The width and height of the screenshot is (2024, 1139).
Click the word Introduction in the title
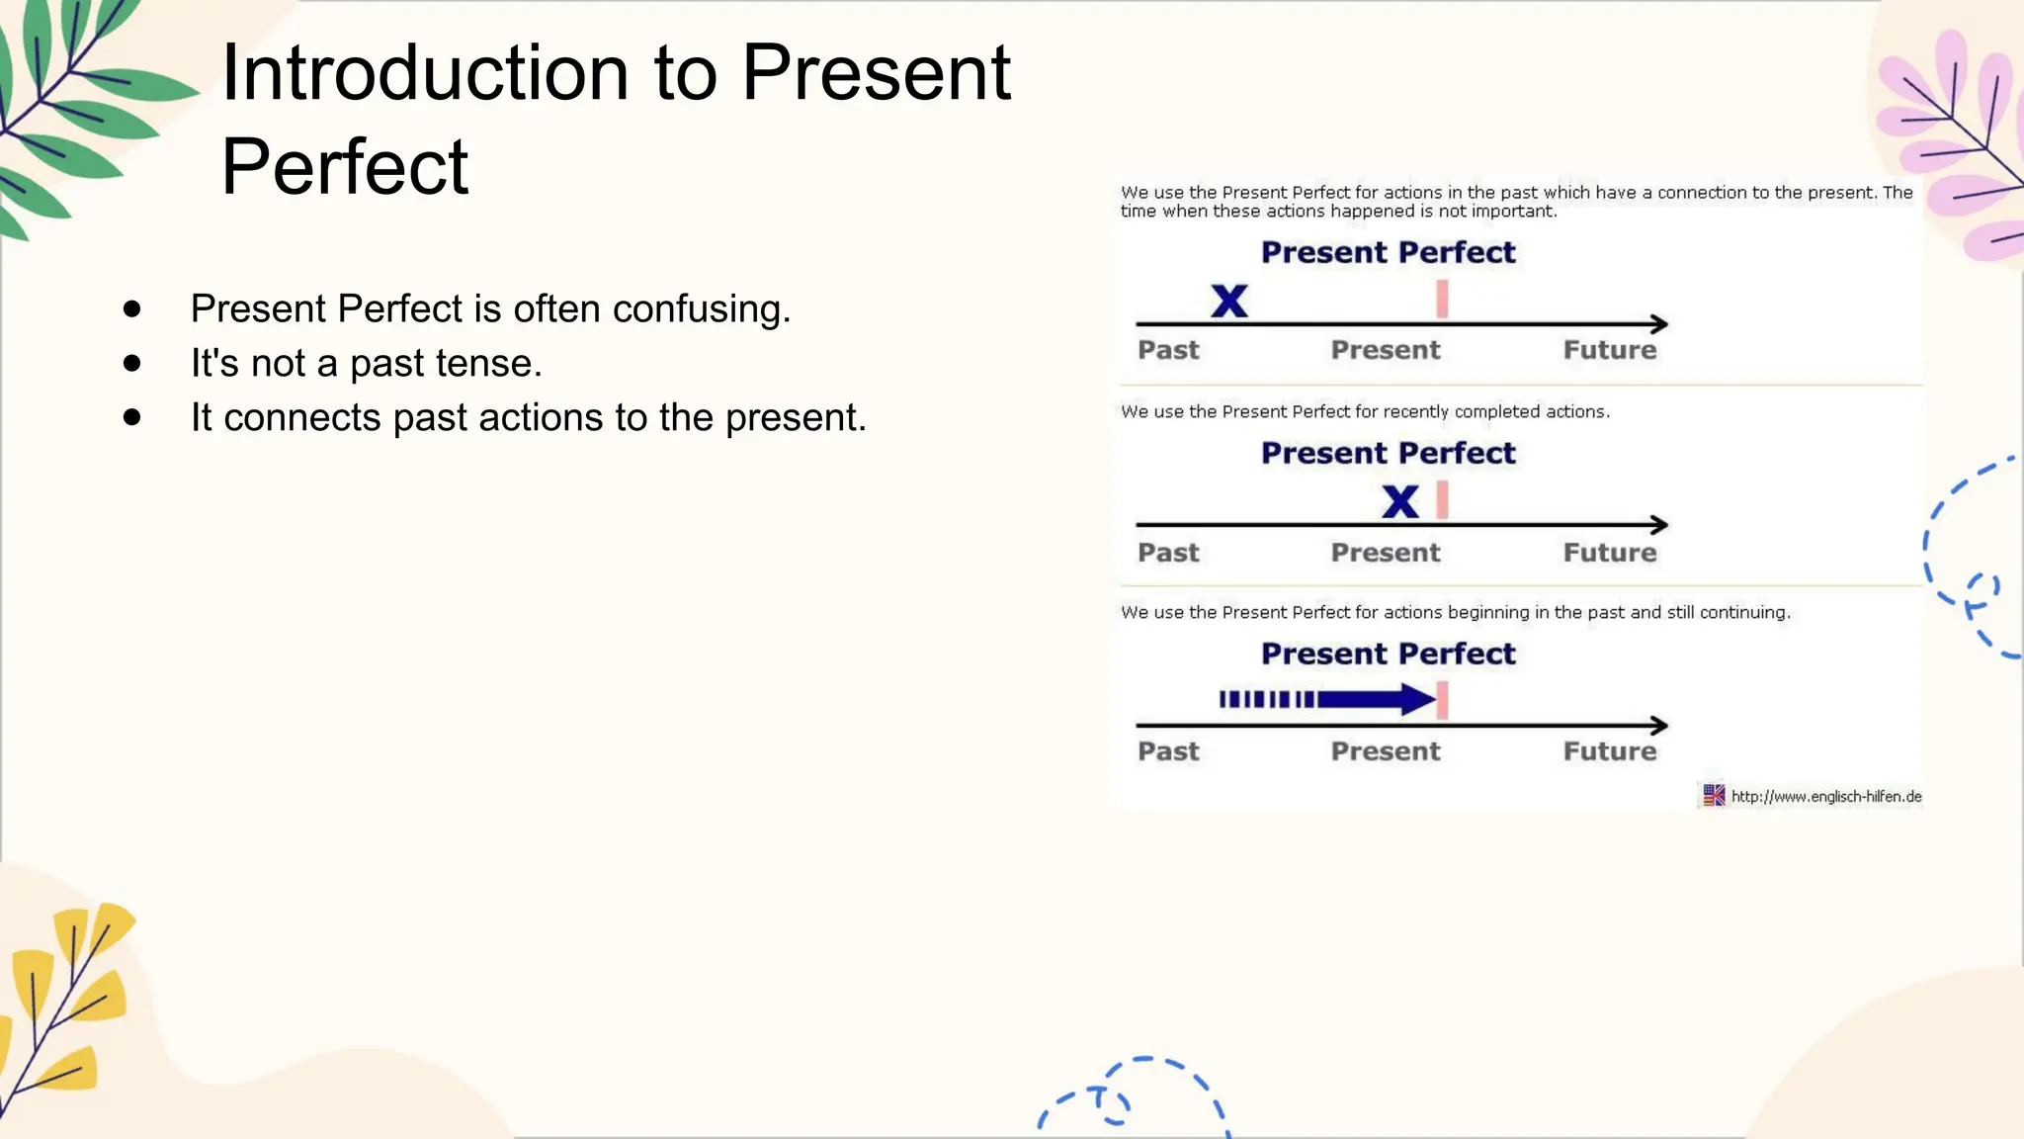tap(425, 73)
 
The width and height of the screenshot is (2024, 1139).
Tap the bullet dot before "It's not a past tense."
tap(132, 364)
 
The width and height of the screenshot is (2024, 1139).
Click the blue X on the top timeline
tap(1229, 301)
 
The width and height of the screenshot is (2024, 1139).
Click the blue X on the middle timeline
tap(1400, 501)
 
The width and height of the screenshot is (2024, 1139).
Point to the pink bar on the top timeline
tap(1443, 299)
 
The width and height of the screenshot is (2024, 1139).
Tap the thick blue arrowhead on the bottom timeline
tap(1418, 700)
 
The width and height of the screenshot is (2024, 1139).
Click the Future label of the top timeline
tap(1609, 350)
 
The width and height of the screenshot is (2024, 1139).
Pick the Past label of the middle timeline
tap(1168, 553)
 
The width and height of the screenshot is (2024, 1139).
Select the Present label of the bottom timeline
tap(1386, 751)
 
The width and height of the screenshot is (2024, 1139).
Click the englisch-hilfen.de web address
tap(1825, 797)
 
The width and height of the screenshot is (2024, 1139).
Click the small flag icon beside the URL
tap(1714, 795)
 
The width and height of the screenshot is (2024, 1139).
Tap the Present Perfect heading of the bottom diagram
tap(1388, 654)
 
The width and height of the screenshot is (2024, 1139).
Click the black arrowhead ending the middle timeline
tap(1660, 525)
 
